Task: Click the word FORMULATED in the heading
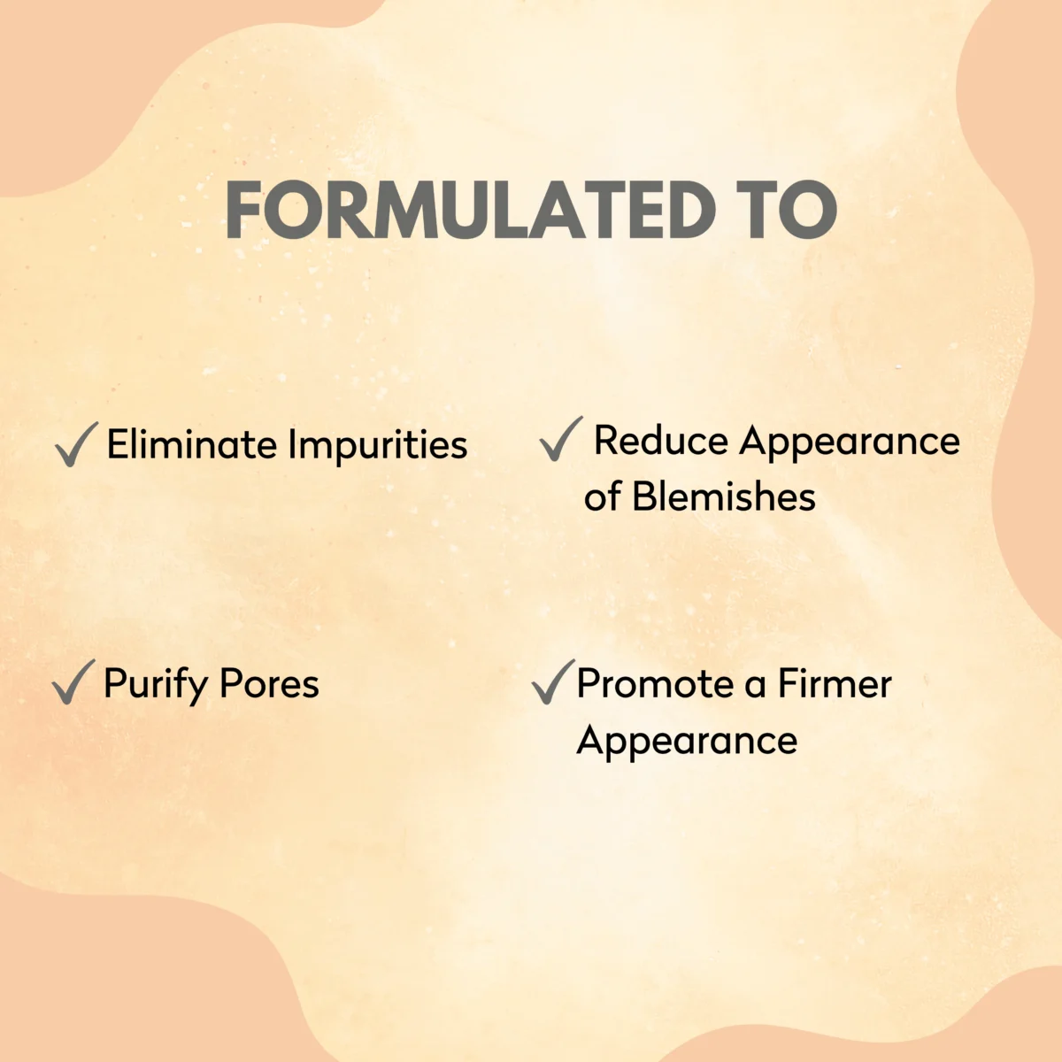tap(470, 210)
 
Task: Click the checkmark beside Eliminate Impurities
tap(77, 444)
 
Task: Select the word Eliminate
tap(191, 444)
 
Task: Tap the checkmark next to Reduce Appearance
tap(561, 439)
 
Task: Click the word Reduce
tap(661, 441)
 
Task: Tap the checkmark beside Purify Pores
tap(73, 681)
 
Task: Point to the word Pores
tap(270, 683)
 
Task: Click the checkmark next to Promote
tap(553, 681)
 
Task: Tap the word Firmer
tap(835, 683)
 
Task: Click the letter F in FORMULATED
tap(242, 210)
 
